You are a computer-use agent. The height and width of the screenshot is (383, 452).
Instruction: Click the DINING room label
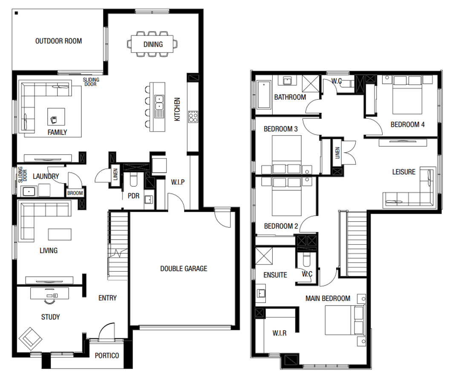tap(153, 44)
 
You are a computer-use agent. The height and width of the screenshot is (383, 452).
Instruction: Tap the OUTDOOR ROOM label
tap(58, 41)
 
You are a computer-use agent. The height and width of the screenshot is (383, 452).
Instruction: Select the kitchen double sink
tap(159, 103)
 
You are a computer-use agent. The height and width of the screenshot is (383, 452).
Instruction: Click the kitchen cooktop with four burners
tap(193, 117)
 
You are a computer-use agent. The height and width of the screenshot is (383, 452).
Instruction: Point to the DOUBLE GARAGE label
tap(184, 269)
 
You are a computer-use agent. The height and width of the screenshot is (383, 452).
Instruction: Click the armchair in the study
tap(30, 339)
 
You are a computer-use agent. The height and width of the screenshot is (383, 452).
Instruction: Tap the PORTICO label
tap(107, 356)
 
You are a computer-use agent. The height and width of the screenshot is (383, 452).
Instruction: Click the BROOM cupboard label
tap(75, 193)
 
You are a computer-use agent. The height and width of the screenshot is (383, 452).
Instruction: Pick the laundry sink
tap(29, 191)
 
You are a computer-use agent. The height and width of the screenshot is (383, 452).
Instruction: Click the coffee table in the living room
tap(60, 234)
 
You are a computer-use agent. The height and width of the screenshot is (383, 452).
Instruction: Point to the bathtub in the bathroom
tap(263, 95)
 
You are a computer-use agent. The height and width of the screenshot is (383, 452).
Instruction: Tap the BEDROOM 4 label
tap(407, 125)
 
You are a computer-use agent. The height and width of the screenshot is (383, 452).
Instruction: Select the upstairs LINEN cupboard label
tap(337, 153)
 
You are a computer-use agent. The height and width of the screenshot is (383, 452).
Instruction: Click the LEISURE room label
tap(403, 172)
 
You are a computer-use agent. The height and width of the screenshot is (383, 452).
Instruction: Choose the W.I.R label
tap(279, 333)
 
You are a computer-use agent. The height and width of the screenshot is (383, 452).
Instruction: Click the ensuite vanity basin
tap(261, 293)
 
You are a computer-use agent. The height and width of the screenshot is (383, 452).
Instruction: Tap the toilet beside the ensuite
tap(306, 260)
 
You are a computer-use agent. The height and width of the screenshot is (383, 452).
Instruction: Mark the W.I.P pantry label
tap(178, 182)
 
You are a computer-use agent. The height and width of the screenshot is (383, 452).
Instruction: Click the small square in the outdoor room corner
tap(17, 13)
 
